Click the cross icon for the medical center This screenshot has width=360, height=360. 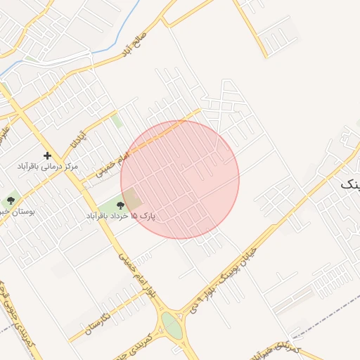click(x=47, y=155)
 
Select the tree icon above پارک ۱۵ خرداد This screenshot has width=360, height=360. click(x=120, y=205)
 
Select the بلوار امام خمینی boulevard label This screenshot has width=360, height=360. click(x=136, y=274)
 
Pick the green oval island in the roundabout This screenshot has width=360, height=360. click(x=171, y=325)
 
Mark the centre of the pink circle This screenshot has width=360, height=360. click(x=180, y=179)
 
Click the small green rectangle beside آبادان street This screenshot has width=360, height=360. click(x=117, y=121)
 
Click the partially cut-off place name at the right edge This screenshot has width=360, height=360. click(x=350, y=184)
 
